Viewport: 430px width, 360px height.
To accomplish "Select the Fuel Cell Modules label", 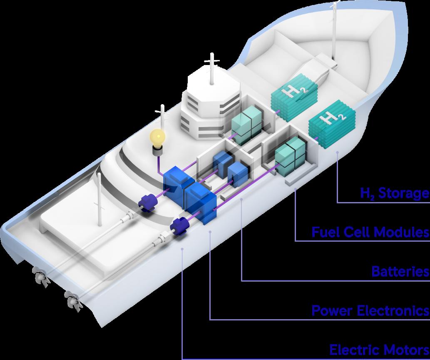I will pyautogui.click(x=370, y=232).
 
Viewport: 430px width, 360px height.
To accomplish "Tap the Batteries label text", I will pyautogui.click(x=400, y=272).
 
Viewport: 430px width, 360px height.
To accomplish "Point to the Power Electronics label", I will pyautogui.click(x=370, y=310).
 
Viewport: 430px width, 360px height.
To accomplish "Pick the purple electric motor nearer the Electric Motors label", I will pyautogui.click(x=180, y=226).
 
